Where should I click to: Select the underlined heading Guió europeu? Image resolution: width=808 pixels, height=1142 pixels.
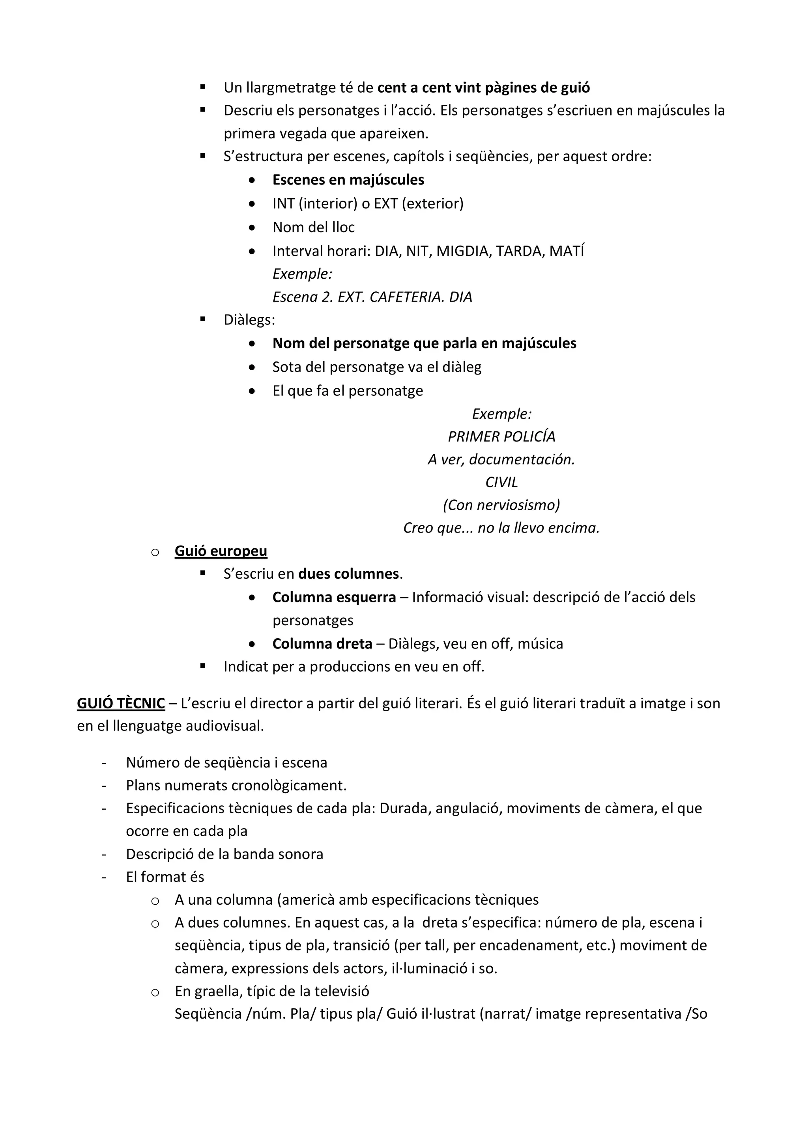221,551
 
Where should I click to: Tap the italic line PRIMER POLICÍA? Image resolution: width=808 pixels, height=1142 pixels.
501,436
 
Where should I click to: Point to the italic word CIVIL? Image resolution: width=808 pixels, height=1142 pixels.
501,482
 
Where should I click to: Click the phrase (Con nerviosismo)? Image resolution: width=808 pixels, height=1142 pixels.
501,505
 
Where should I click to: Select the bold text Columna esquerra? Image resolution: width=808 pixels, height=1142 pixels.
334,597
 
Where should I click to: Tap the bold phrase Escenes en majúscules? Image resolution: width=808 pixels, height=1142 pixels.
348,179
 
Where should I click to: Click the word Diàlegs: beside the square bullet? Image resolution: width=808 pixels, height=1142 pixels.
249,319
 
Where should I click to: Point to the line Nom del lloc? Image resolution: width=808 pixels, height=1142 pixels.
313,227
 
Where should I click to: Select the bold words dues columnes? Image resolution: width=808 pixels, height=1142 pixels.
348,574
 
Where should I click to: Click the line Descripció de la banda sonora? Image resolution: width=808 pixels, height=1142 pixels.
224,854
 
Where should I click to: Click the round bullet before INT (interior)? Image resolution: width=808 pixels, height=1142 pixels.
253,203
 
